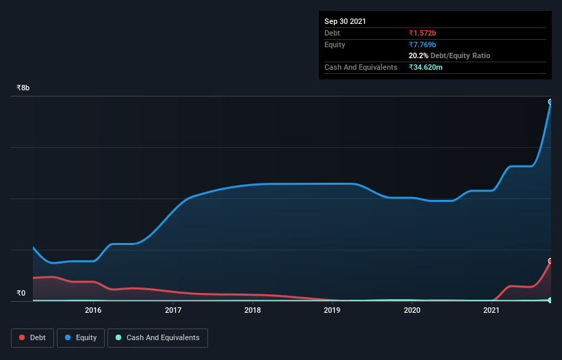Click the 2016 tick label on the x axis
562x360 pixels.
click(93, 310)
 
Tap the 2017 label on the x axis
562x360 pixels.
click(173, 310)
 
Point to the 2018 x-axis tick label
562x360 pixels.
click(253, 310)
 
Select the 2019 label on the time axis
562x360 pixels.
click(332, 310)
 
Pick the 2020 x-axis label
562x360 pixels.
click(412, 310)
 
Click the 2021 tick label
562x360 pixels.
click(491, 310)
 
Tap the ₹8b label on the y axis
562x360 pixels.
click(23, 88)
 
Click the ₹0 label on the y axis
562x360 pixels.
click(21, 294)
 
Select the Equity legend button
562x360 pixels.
click(81, 337)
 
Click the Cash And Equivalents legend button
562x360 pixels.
click(157, 337)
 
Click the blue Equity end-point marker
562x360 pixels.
click(550, 101)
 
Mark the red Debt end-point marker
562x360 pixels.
click(550, 261)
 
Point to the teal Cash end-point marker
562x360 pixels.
click(550, 300)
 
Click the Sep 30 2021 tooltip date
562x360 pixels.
click(345, 21)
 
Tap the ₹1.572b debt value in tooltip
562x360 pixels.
click(422, 33)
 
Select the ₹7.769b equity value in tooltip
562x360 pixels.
click(422, 44)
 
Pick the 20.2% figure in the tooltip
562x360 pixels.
click(418, 55)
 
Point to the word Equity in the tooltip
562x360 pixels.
click(335, 44)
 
